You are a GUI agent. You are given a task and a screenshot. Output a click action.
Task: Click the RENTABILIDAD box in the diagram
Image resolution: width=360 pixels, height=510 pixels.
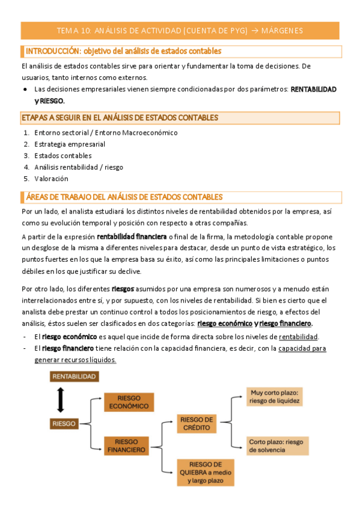(74, 376)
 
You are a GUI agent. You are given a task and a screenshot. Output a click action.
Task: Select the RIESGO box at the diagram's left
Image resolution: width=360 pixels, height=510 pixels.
(64, 423)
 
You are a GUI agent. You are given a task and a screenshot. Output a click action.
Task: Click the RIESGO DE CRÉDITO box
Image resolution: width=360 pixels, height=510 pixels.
(197, 423)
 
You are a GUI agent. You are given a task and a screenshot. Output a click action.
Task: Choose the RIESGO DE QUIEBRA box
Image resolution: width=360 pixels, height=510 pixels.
(206, 472)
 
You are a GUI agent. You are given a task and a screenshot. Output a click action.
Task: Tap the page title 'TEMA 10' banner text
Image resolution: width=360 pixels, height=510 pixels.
(180, 30)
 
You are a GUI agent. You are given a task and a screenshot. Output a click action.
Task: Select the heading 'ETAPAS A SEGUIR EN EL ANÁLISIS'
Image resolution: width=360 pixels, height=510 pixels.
(120, 118)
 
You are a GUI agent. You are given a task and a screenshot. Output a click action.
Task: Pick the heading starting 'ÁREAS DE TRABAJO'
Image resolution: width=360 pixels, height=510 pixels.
(124, 197)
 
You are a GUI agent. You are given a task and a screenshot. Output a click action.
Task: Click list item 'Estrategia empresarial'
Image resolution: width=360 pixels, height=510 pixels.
(70, 144)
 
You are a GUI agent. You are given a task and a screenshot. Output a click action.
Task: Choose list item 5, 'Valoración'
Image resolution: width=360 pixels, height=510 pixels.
(51, 179)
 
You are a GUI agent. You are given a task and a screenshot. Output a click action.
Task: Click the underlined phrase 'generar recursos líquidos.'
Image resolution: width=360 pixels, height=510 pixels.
(75, 360)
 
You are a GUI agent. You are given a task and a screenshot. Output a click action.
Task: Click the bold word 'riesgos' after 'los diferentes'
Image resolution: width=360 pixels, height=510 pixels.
(123, 289)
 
